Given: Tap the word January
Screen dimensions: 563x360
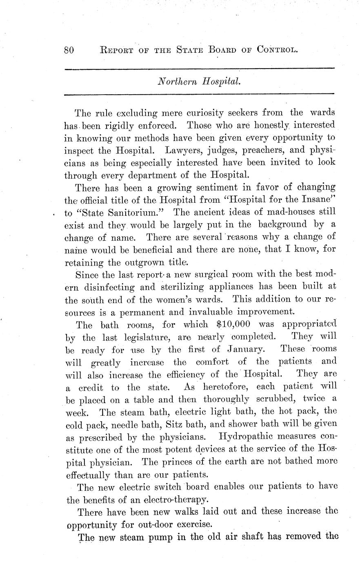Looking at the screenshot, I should coord(245,350).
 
